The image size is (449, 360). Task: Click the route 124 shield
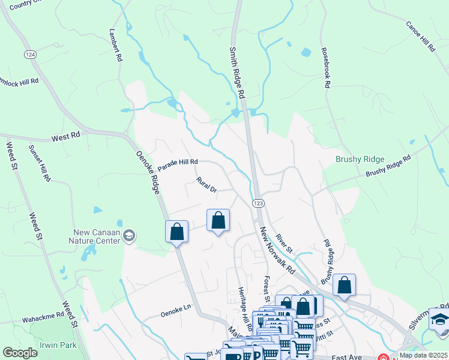click(29, 55)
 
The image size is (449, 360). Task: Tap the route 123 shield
click(258, 203)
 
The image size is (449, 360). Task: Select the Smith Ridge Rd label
click(238, 73)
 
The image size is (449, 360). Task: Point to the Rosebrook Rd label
click(325, 68)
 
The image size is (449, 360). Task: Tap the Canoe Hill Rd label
click(420, 37)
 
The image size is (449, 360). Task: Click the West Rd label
click(65, 137)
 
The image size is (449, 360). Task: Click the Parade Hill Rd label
click(178, 162)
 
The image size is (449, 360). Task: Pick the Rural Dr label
click(206, 185)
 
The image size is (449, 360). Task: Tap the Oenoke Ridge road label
click(148, 172)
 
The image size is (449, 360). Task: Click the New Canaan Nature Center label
click(97, 236)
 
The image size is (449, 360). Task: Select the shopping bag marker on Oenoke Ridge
click(177, 231)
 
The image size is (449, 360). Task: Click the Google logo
click(20, 352)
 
